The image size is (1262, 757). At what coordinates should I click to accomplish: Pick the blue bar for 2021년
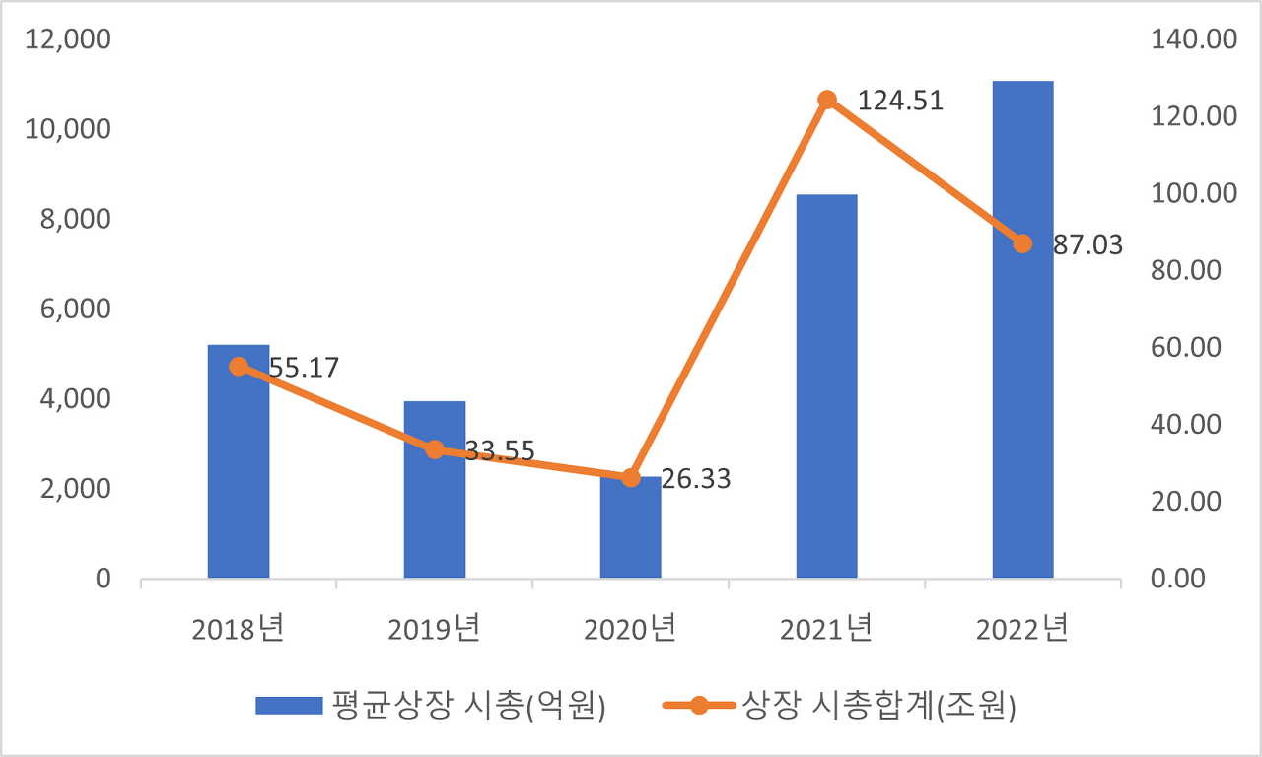point(827,394)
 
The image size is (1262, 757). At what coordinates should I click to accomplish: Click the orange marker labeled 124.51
point(827,100)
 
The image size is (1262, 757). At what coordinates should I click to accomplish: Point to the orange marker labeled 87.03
point(1022,243)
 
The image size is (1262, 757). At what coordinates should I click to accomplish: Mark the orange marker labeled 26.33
point(631,477)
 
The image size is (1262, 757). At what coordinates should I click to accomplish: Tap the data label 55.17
point(304,369)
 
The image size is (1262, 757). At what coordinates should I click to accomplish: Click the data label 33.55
point(500,451)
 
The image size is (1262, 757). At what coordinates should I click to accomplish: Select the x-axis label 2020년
point(631,629)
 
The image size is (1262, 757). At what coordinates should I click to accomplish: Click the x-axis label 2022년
point(1022,629)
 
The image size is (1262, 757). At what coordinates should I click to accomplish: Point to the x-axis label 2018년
point(239,629)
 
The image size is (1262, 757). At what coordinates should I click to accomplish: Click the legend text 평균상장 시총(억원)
point(468,706)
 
